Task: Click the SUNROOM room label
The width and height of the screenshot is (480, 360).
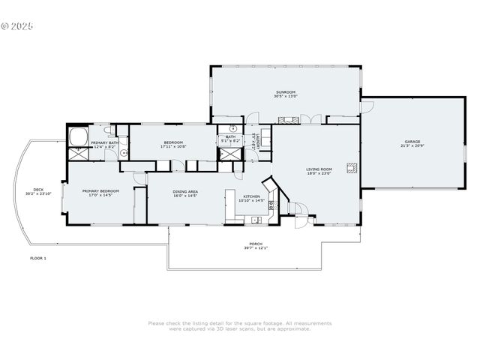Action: pos(286,92)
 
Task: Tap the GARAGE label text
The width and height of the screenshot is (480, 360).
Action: pos(412,142)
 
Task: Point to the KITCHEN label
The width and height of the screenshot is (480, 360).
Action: pos(252,196)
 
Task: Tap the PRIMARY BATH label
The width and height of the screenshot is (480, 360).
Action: pos(104,142)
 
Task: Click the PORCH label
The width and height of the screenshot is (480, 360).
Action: pos(256,243)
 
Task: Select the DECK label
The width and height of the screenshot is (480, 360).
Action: pos(37,189)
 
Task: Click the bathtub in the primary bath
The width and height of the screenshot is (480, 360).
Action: pos(78,137)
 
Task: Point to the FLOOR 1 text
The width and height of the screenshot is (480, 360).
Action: pos(37,258)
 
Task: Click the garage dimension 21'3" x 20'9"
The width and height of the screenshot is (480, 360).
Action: pos(412,146)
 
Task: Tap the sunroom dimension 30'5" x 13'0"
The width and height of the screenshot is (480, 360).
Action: pos(286,97)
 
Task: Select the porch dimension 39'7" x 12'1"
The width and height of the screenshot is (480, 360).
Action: pos(256,247)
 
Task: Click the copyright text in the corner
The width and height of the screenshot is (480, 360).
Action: pos(17,25)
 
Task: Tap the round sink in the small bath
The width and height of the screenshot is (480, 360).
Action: pos(232,128)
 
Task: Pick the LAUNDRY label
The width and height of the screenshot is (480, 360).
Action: pos(258,142)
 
